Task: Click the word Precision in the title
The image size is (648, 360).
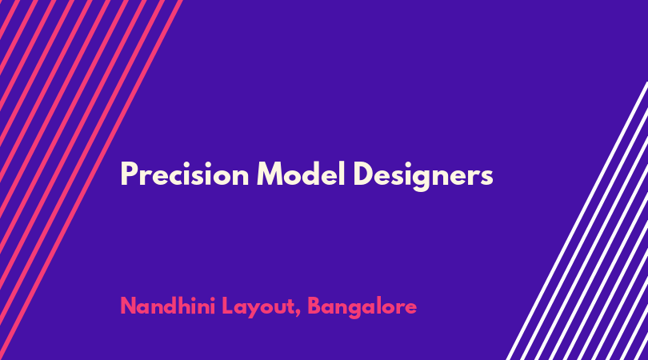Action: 185,174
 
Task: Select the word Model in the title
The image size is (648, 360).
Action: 301,174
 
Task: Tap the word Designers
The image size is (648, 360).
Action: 423,176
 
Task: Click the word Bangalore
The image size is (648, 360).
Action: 362,307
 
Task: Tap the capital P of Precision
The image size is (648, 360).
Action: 129,174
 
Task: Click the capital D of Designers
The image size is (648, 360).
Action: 364,174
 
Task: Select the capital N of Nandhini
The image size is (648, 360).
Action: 129,306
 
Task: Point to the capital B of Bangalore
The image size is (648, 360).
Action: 315,306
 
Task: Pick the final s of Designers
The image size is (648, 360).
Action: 487,178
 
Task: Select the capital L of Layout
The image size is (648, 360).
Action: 228,306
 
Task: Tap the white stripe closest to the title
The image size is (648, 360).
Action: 578,221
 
